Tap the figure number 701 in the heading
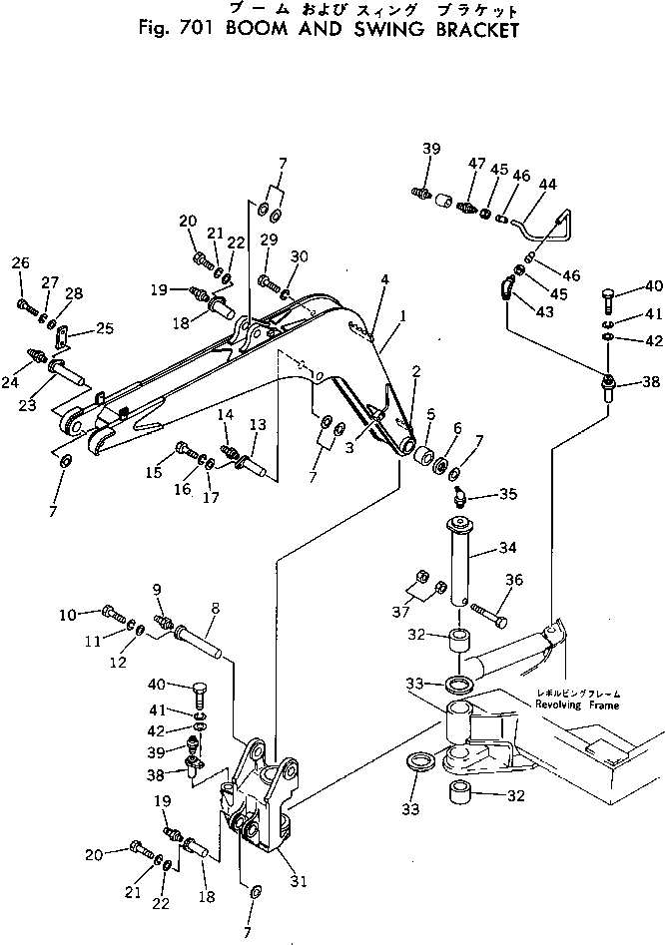pyautogui.click(x=204, y=30)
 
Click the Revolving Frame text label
pyautogui.click(x=576, y=705)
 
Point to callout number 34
pyautogui.click(x=508, y=548)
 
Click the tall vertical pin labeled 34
pyautogui.click(x=461, y=563)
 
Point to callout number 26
pyautogui.click(x=20, y=262)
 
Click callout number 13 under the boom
pyautogui.click(x=258, y=424)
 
